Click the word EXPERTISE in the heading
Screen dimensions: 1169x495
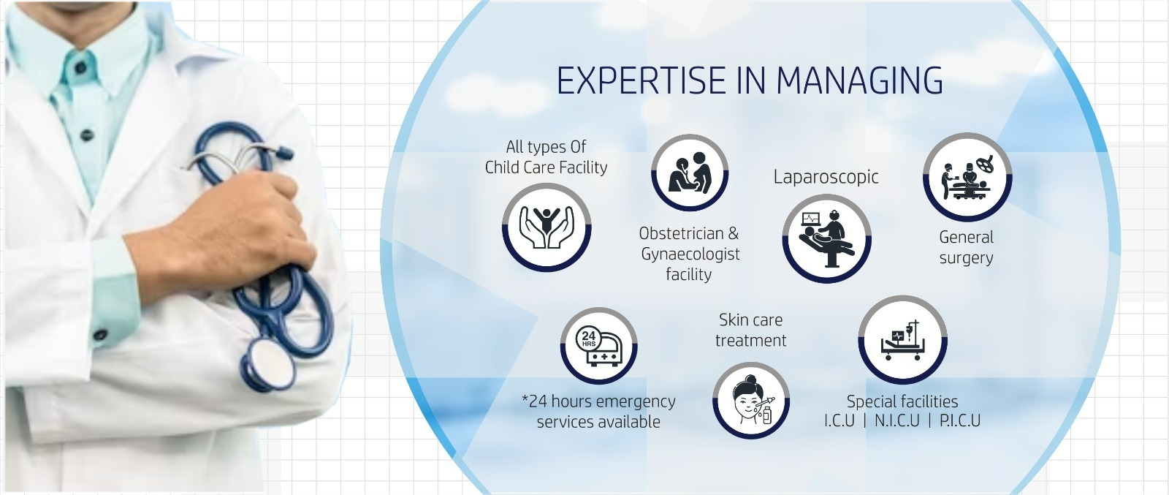(x=641, y=80)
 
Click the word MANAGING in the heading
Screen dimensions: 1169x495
(x=859, y=80)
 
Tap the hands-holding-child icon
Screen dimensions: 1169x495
(x=547, y=227)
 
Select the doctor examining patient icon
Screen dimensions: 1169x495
(x=690, y=173)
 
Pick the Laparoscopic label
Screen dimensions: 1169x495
(x=826, y=177)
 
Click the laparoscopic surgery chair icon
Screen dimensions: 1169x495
(x=826, y=238)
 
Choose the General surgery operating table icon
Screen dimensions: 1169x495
(x=967, y=177)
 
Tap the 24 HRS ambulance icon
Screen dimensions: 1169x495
(x=598, y=346)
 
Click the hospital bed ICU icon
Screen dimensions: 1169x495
(x=902, y=340)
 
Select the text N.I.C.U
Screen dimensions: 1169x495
(x=896, y=421)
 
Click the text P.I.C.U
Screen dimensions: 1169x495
(x=960, y=421)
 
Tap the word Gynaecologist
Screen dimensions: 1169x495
(x=690, y=254)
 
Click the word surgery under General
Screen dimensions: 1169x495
(x=966, y=258)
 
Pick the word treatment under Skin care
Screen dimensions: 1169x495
(x=750, y=341)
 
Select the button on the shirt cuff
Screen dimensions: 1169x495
(x=100, y=335)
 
